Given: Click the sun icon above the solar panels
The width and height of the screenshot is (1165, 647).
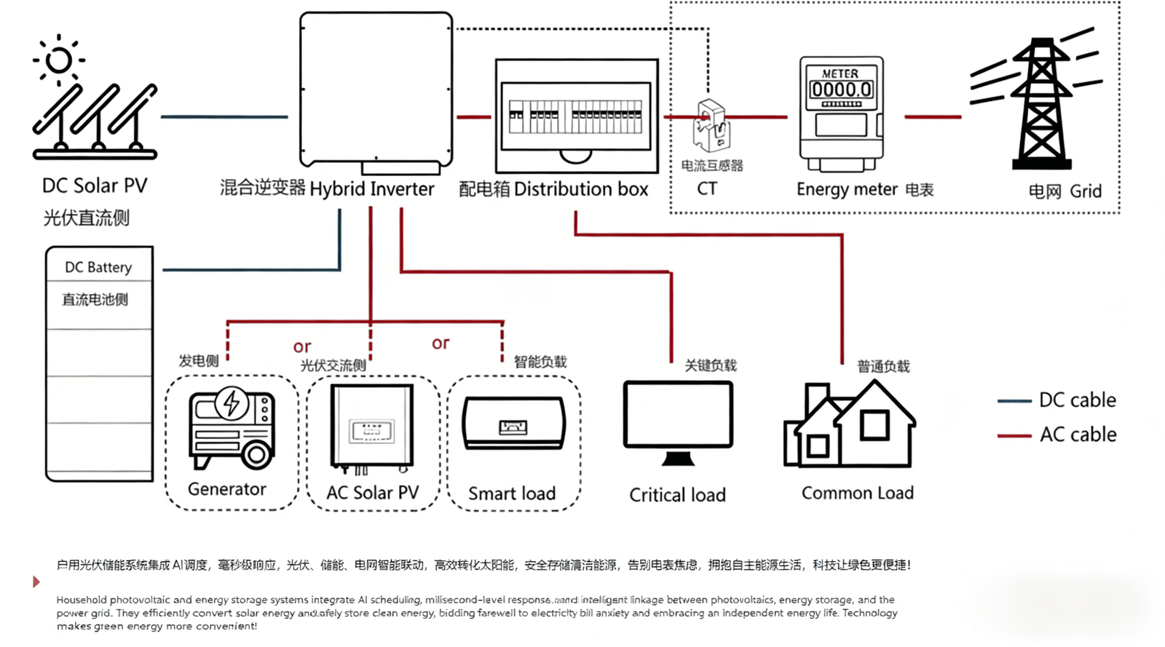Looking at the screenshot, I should [x=58, y=60].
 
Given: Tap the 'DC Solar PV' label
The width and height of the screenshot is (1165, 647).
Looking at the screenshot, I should [x=95, y=186].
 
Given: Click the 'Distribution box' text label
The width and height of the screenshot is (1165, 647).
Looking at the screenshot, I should [x=580, y=189].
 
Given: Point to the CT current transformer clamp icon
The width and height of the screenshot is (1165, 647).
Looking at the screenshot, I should [x=711, y=125].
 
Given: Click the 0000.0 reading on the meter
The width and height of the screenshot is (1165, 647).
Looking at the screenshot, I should [x=841, y=90].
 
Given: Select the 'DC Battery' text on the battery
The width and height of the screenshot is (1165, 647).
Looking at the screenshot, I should [x=98, y=267].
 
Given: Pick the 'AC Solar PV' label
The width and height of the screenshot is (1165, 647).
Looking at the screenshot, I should [x=373, y=493].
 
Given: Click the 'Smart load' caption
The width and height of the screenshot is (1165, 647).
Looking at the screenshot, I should [x=512, y=493].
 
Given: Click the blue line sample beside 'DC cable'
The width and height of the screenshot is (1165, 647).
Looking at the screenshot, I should [x=1014, y=401].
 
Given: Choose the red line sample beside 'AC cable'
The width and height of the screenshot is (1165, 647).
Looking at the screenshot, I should [x=1014, y=436].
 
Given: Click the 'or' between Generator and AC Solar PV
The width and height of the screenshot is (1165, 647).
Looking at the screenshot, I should [x=302, y=346].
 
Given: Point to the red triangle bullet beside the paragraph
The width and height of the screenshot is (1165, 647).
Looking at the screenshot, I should [x=36, y=581].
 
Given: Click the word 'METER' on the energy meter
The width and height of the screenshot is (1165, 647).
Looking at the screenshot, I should [x=840, y=74].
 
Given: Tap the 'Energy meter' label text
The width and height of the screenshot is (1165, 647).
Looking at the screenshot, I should [x=847, y=189].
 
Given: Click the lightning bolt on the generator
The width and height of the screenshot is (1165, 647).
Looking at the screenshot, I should [x=232, y=402].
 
